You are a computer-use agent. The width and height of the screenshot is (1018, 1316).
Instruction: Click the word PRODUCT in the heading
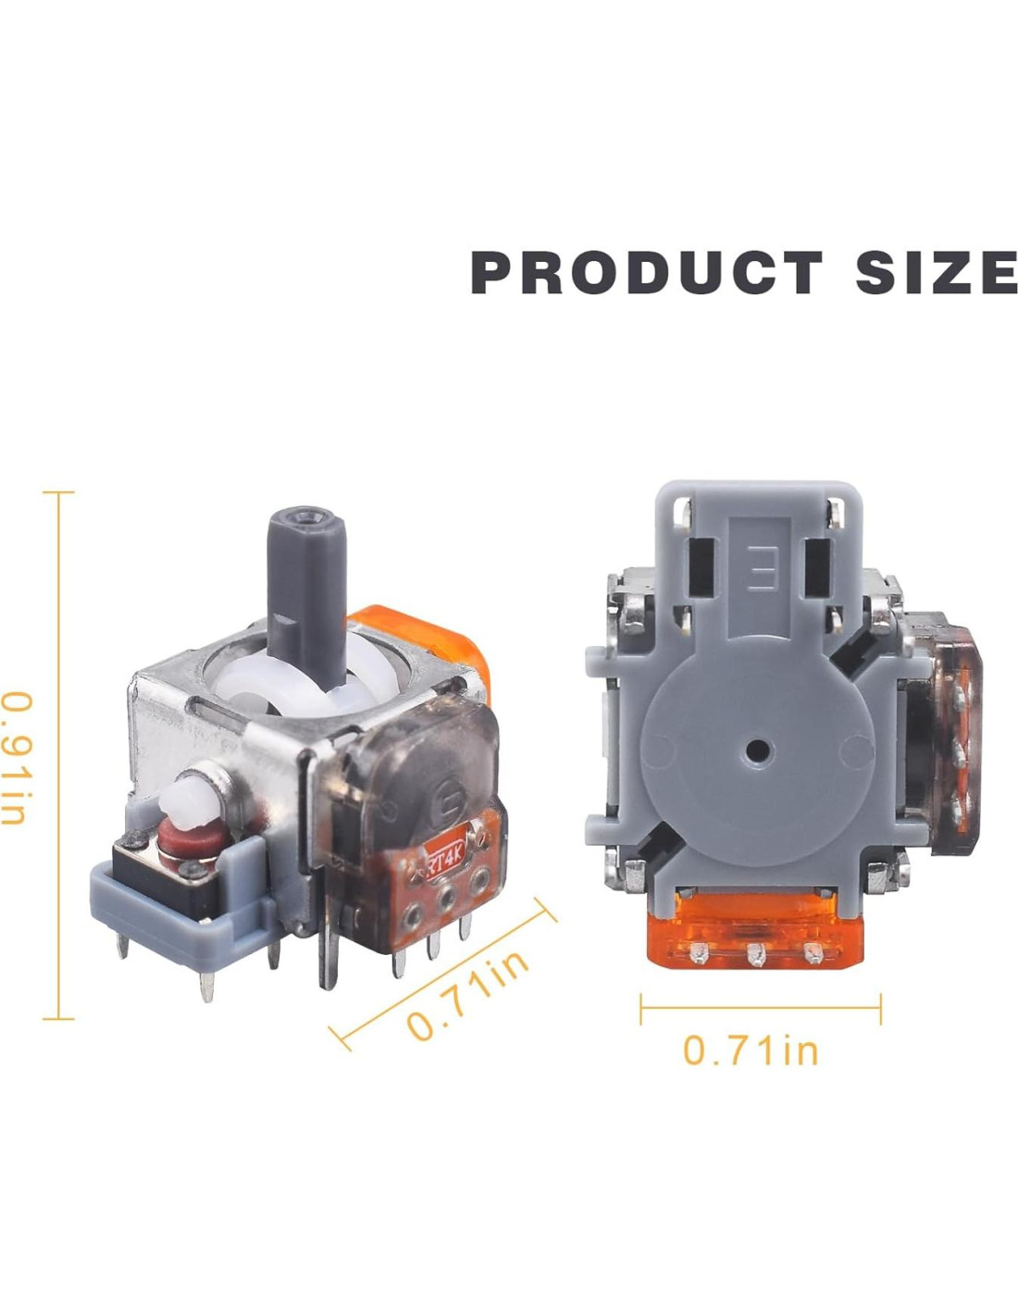tap(646, 273)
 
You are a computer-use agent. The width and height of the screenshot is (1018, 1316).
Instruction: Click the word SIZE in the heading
tap(936, 273)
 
